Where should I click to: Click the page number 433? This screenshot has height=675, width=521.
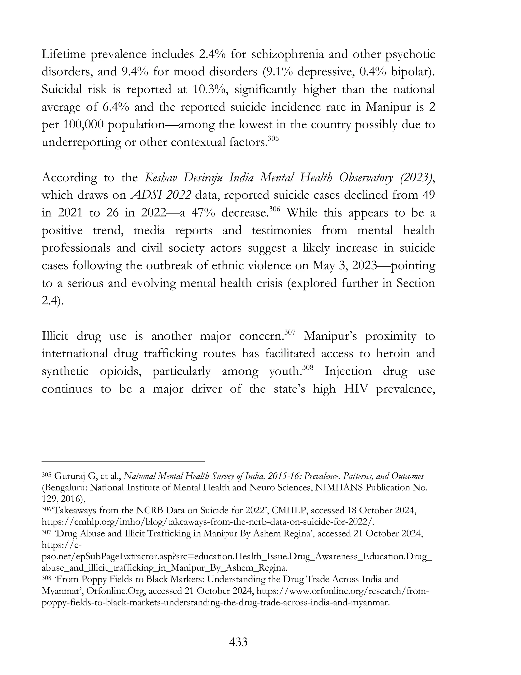[238, 642]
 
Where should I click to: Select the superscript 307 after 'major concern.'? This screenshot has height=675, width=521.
[290, 332]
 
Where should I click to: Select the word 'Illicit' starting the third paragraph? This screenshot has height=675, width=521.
[55, 336]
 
